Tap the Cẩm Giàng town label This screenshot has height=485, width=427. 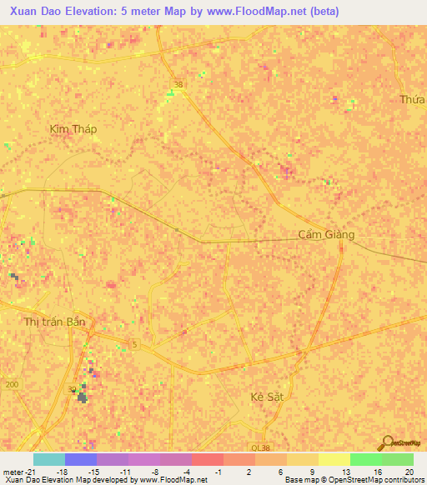point(326,234)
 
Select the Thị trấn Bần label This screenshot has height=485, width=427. point(54,321)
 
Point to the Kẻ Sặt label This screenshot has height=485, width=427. point(268,397)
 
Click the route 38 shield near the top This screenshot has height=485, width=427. point(178,84)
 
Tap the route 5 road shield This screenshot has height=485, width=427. point(133,344)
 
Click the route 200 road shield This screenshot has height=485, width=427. point(11,384)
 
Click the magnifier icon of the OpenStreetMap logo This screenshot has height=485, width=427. point(386,442)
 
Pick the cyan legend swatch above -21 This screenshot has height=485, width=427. point(48,459)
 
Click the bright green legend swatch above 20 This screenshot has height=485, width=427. point(398,459)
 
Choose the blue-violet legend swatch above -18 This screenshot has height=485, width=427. point(81,459)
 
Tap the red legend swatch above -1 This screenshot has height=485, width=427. point(208,459)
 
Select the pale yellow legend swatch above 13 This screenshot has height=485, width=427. point(334,459)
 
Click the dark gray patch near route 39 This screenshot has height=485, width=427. point(82,397)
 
